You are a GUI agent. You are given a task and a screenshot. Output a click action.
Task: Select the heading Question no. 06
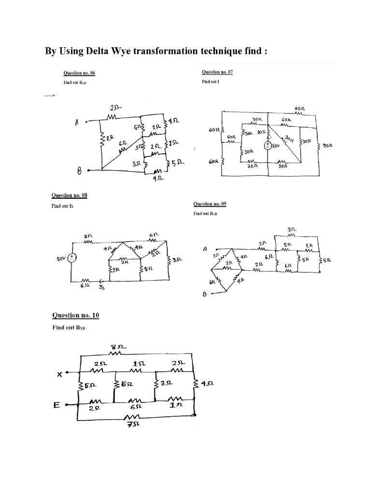pyautogui.click(x=79, y=73)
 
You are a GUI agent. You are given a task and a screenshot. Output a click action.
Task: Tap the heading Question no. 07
pyautogui.click(x=217, y=72)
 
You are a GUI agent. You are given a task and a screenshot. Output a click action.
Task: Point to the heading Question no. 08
pyautogui.click(x=69, y=195)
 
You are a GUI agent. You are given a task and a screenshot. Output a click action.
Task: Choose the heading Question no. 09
pyautogui.click(x=210, y=204)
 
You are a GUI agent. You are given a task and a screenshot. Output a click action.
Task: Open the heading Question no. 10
pyautogui.click(x=75, y=315)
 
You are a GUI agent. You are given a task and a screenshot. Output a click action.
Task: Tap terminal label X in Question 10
pyautogui.click(x=59, y=373)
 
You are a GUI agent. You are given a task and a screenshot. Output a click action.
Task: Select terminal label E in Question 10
pyautogui.click(x=57, y=406)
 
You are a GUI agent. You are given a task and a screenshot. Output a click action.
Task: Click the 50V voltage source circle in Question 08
pyautogui.click(x=72, y=258)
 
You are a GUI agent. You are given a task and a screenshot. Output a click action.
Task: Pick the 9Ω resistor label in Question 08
pyautogui.click(x=124, y=262)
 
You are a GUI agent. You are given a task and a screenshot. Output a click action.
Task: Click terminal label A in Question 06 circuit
pyautogui.click(x=76, y=123)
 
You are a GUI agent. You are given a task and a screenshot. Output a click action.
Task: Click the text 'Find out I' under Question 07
pyautogui.click(x=211, y=82)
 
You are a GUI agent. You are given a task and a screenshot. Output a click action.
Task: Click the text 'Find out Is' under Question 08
pyautogui.click(x=62, y=206)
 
